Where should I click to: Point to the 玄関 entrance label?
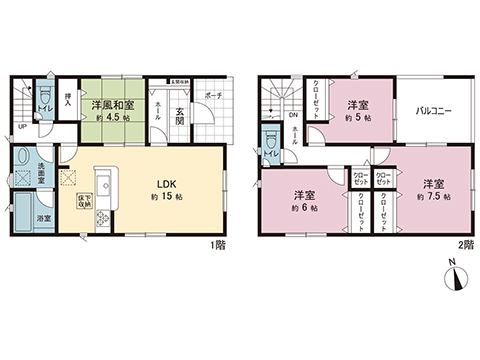click(180, 113)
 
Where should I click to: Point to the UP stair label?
click(22, 128)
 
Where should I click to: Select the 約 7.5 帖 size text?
click(432, 197)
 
